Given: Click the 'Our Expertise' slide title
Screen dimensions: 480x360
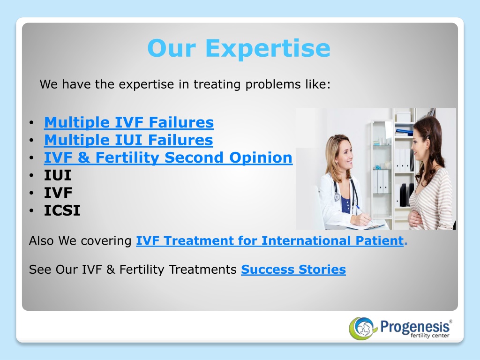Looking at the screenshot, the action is (x=239, y=48).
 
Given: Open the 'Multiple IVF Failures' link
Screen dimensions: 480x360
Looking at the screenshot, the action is (x=129, y=122).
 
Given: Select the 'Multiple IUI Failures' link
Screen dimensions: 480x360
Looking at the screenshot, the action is (x=128, y=140).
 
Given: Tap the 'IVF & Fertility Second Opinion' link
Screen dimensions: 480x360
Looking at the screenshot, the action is (x=168, y=157).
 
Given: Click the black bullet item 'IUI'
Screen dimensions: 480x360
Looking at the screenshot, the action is (x=58, y=175).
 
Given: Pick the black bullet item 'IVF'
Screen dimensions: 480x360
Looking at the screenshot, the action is (x=58, y=193).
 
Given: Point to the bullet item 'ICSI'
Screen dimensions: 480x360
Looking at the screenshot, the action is (x=62, y=210).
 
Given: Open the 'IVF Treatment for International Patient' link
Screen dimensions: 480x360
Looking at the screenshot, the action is (x=270, y=241).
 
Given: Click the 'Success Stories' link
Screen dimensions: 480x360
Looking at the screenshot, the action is (x=293, y=270).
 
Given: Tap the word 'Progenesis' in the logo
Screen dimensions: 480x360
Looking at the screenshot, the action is (x=415, y=327).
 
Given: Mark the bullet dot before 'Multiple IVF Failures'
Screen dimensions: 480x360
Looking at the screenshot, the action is (x=31, y=123).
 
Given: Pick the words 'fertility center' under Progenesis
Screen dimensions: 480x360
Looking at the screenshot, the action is (x=430, y=336).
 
